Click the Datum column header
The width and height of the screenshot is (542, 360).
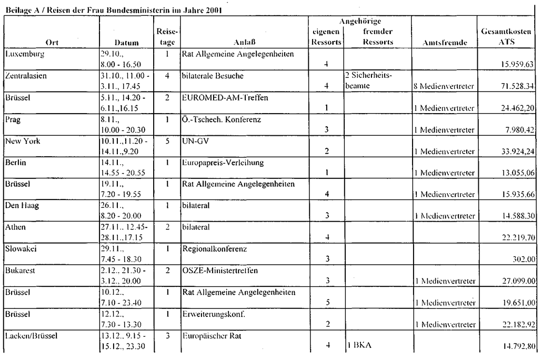(x=126, y=43)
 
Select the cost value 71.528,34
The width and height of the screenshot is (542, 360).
(x=514, y=86)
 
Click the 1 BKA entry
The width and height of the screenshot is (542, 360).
(x=359, y=346)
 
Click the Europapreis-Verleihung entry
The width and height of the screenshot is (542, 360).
(x=223, y=163)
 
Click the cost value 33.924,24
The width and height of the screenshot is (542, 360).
(x=514, y=151)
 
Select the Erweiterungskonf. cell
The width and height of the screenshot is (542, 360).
(x=213, y=314)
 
